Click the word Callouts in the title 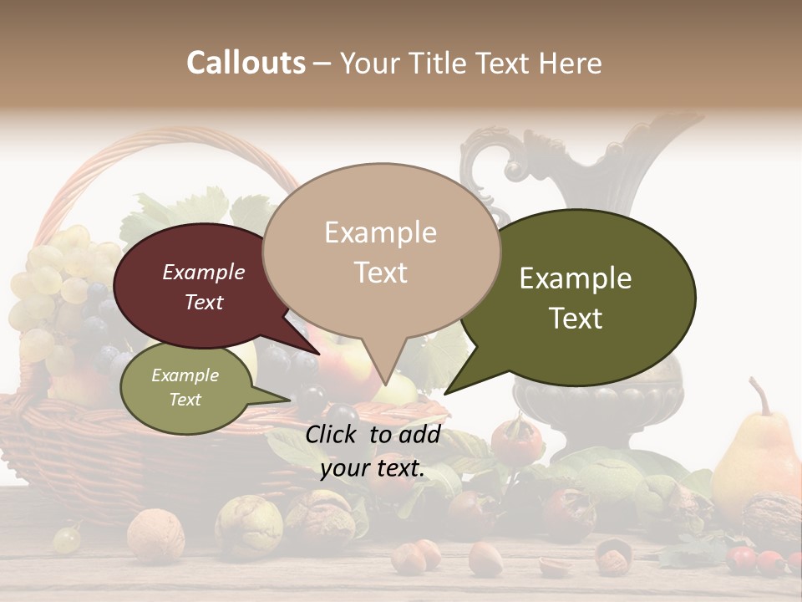click(x=246, y=63)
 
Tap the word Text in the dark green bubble click(x=576, y=319)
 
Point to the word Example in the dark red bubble click(x=204, y=272)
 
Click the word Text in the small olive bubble click(x=185, y=400)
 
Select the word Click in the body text click(x=333, y=434)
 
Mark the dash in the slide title click(x=323, y=64)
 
